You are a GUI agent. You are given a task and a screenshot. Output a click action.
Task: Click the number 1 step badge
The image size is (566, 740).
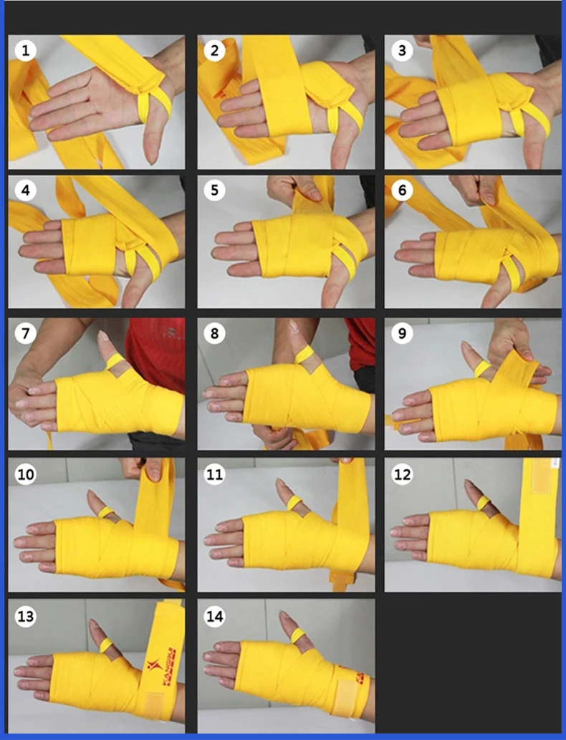[x=27, y=50]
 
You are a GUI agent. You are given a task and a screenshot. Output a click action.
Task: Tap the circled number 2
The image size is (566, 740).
[x=214, y=50]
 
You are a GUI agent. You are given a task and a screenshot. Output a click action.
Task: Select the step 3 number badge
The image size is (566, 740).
[x=402, y=50]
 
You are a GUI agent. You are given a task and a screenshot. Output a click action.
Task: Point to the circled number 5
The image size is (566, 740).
[x=214, y=191]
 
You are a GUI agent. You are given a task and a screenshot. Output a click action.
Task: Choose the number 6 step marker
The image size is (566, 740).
[x=402, y=191]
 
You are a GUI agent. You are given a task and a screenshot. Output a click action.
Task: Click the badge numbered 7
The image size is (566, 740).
[x=27, y=335]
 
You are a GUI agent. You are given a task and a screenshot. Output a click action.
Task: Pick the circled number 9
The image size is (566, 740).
[x=402, y=335]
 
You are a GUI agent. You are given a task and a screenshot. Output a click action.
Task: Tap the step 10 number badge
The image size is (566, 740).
[x=27, y=474]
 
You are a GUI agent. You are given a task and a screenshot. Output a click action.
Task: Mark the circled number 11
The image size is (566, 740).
[x=214, y=474]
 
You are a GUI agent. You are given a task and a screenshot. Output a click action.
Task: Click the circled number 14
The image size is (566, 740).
[x=214, y=616]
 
